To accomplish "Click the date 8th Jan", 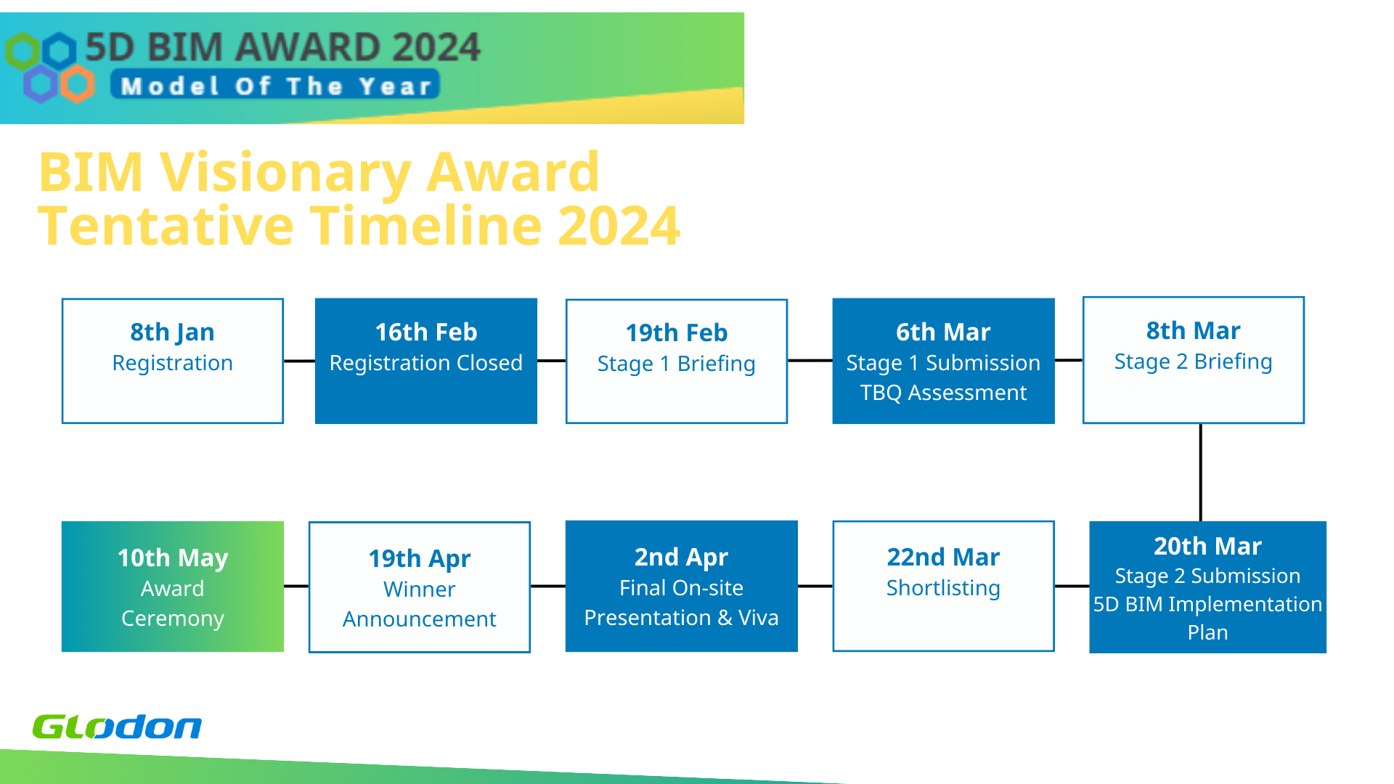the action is (172, 332).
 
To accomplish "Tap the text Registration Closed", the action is (426, 363).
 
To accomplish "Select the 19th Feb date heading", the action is (677, 332).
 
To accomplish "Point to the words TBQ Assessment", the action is (943, 393).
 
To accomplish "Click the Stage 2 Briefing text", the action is (1194, 362).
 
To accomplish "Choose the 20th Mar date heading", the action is (1208, 546).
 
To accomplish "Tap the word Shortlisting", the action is (943, 588).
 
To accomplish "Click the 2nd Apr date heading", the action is (681, 557).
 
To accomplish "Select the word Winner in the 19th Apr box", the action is (420, 589).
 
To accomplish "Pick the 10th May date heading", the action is (173, 558).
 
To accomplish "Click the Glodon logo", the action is (117, 727).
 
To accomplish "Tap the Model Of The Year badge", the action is (275, 85).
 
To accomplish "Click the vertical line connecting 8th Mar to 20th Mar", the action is (1201, 473).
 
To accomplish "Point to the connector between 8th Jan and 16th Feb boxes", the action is (299, 361).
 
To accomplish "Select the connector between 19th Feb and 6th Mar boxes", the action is (810, 360).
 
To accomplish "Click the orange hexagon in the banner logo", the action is (77, 84).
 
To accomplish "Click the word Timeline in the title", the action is (427, 225).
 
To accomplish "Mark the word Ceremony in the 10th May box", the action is (173, 618).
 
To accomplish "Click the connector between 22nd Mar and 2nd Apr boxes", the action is (815, 586).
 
